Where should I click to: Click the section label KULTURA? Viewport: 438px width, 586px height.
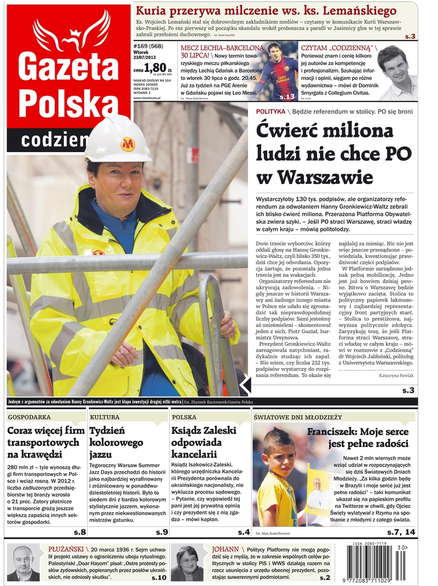105,417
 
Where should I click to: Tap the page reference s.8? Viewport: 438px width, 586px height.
79,532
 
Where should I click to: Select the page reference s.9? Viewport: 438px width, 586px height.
161,532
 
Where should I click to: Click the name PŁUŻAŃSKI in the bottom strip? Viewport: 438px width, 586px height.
65,548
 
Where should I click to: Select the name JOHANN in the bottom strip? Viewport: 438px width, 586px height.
225,548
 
